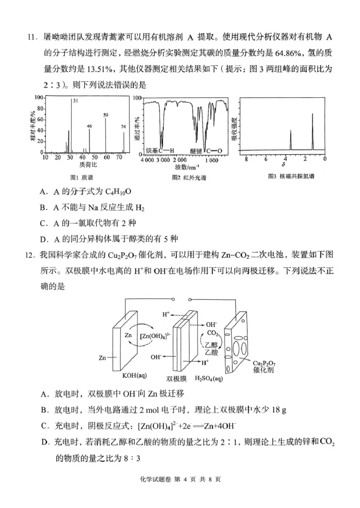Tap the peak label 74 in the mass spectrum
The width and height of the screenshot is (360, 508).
[123, 127]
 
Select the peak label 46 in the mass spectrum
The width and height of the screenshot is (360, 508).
[89, 126]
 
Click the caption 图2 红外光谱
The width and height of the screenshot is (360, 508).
[185, 177]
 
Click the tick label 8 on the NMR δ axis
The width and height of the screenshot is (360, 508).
[246, 159]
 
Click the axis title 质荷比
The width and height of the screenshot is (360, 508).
[82, 165]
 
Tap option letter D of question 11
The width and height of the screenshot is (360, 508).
[44, 238]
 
